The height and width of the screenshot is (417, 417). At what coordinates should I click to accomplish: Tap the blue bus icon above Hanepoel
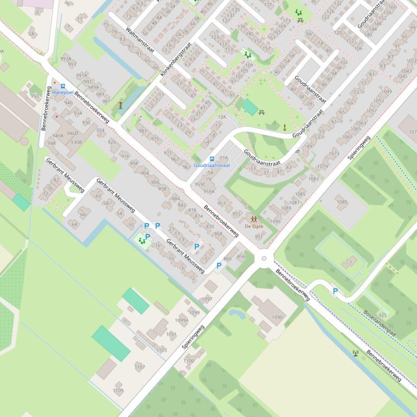(x=63, y=86)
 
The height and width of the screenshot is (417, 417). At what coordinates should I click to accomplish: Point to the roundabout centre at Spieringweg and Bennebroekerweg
(x=264, y=259)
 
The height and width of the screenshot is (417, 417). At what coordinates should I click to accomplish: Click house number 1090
(x=277, y=317)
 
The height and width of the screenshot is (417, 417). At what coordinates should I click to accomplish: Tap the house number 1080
(x=341, y=202)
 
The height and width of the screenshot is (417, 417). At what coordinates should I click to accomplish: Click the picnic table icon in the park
(x=262, y=112)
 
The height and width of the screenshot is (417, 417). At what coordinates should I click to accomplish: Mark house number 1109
(x=118, y=390)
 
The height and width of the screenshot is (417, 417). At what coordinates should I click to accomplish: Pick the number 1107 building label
(x=139, y=367)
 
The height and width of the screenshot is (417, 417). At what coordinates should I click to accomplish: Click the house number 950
(x=35, y=96)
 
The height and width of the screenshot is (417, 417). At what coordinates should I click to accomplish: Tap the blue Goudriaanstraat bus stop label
(x=211, y=165)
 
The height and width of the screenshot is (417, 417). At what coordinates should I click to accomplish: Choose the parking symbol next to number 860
(x=219, y=265)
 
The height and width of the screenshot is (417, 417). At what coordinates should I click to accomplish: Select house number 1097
(x=207, y=299)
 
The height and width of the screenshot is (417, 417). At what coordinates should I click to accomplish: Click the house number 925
(x=383, y=315)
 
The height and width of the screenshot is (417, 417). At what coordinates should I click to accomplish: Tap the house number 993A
(x=66, y=59)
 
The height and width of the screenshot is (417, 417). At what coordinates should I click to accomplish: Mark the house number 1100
(x=188, y=361)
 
